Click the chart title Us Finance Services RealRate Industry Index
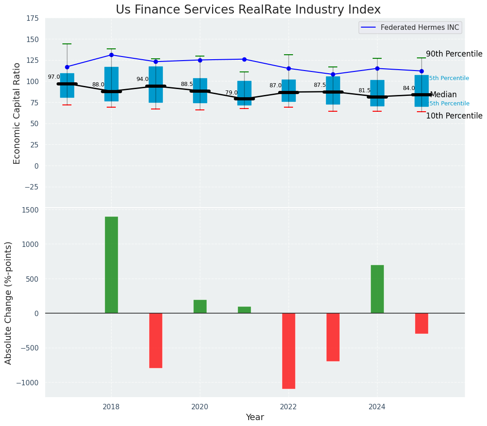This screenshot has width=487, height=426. [x=248, y=10]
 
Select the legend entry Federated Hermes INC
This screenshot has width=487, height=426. [x=420, y=28]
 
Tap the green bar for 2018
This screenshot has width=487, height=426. [x=111, y=265]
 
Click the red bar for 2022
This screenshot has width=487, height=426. [x=288, y=350]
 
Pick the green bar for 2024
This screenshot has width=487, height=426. [x=377, y=289]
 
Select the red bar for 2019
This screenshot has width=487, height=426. [x=156, y=340]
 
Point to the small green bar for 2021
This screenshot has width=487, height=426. [x=244, y=310]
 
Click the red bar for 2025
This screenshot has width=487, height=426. [x=421, y=323]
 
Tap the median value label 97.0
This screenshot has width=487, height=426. [x=54, y=77]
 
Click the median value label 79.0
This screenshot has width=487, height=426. [x=232, y=93]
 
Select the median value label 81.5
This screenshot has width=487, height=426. [x=364, y=90]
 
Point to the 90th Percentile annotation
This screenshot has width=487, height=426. [x=454, y=54]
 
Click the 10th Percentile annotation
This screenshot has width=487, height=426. [x=454, y=116]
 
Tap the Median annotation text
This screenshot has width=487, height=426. [x=443, y=95]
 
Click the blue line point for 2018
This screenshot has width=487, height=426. [x=111, y=55]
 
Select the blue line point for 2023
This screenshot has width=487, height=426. [x=333, y=74]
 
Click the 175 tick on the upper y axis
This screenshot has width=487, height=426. [x=32, y=19]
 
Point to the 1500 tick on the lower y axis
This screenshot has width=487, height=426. [x=30, y=210]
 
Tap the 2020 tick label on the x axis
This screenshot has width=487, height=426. [x=200, y=407]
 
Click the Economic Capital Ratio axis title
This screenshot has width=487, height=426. [x=17, y=113]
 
